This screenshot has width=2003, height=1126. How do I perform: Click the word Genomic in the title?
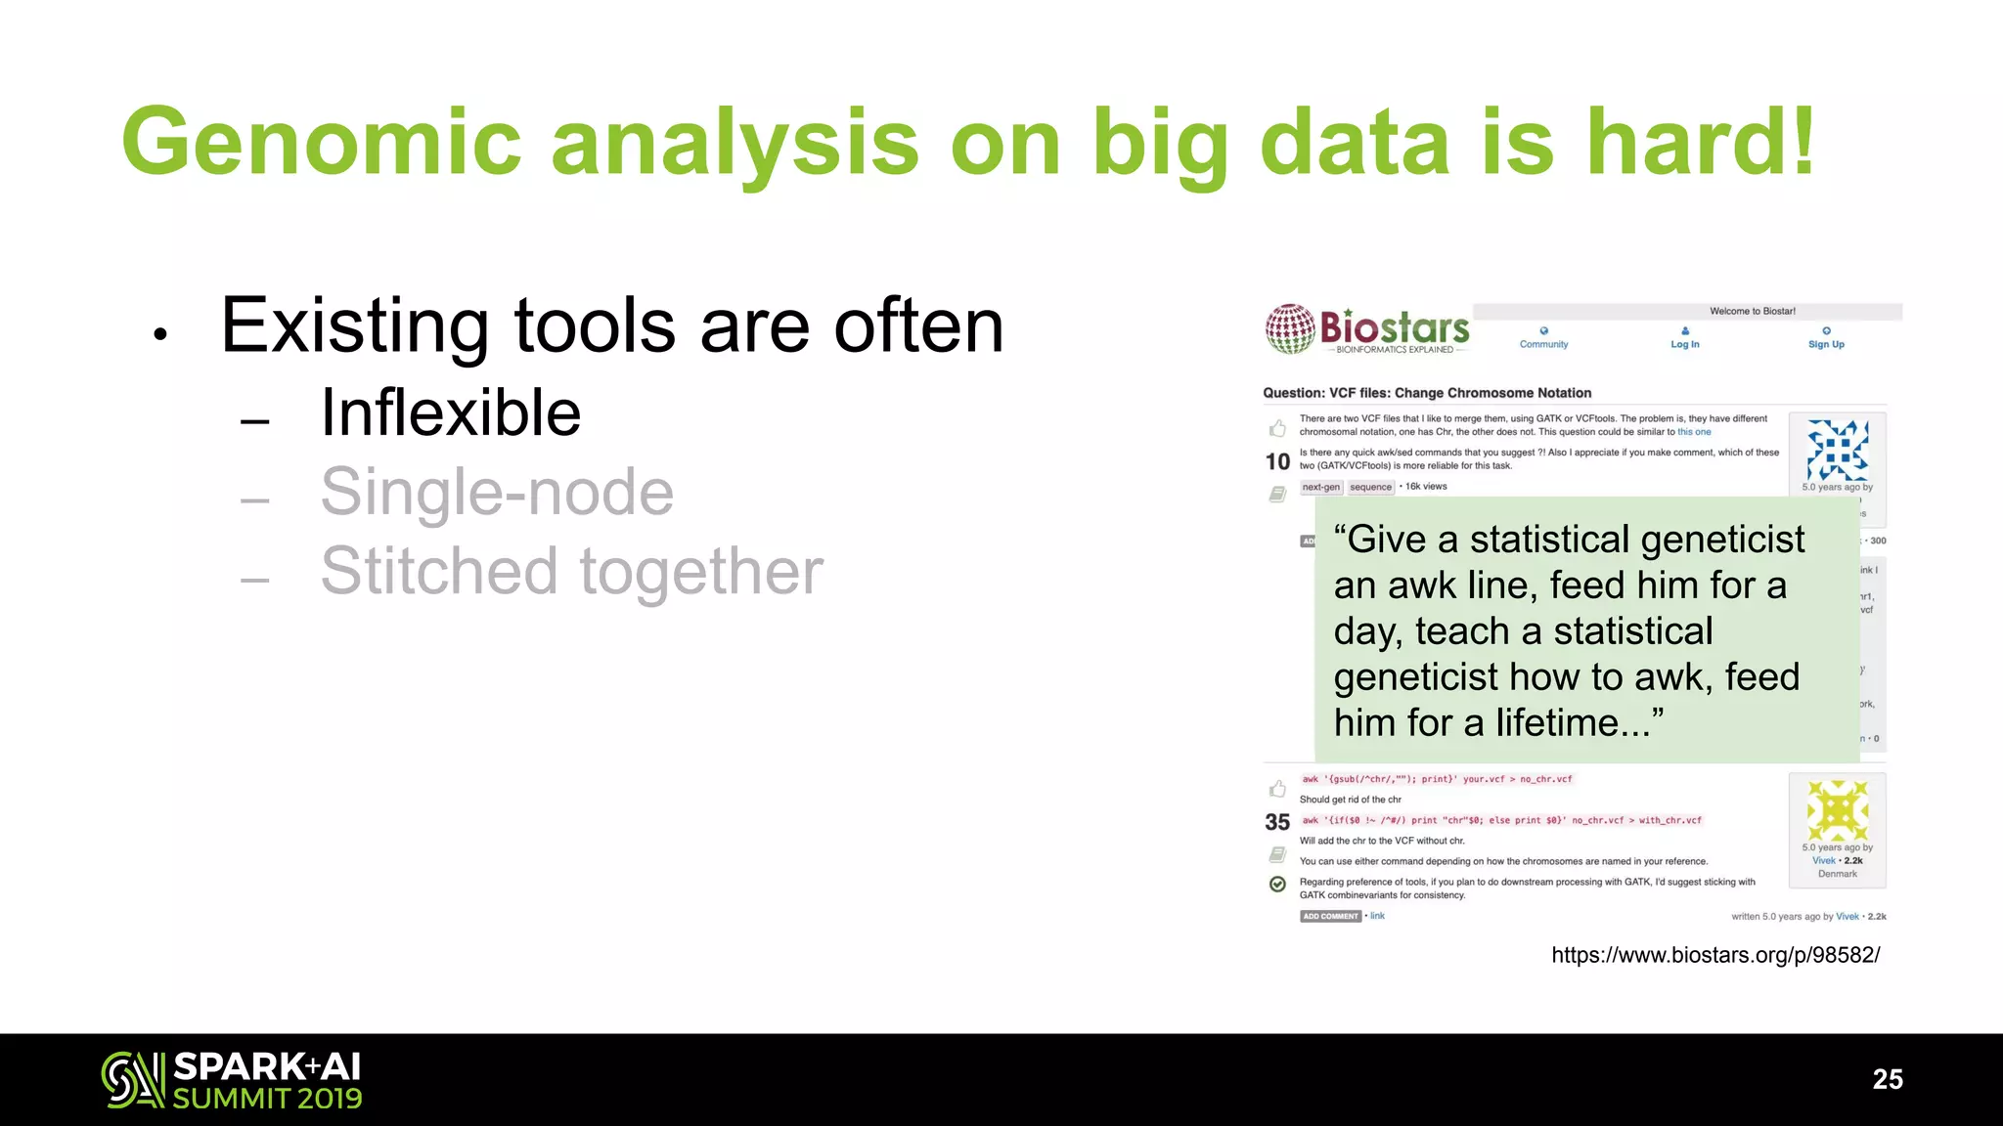pyautogui.click(x=321, y=143)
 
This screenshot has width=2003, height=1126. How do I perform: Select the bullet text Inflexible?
pyautogui.click(x=451, y=412)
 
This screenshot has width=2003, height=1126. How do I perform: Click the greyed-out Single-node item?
pyautogui.click(x=497, y=492)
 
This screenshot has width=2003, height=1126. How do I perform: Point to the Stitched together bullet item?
pyautogui.click(x=572, y=571)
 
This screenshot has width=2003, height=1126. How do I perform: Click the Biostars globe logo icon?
pyautogui.click(x=1290, y=328)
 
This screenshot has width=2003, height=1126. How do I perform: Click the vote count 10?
pyautogui.click(x=1277, y=461)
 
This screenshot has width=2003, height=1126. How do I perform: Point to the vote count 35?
pyautogui.click(x=1277, y=822)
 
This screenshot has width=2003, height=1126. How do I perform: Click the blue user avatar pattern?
pyautogui.click(x=1837, y=450)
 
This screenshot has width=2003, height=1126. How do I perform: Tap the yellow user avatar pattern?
pyautogui.click(x=1837, y=810)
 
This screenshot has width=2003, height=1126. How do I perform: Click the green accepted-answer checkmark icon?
pyautogui.click(x=1277, y=884)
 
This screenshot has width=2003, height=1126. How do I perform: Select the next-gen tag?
pyautogui.click(x=1320, y=487)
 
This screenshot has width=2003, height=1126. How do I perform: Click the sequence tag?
pyautogui.click(x=1370, y=487)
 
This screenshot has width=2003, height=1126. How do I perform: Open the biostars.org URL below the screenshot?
pyautogui.click(x=1715, y=955)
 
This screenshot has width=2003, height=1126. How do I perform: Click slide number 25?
pyautogui.click(x=1887, y=1079)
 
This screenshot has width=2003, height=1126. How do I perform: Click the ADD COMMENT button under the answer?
pyautogui.click(x=1330, y=916)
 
